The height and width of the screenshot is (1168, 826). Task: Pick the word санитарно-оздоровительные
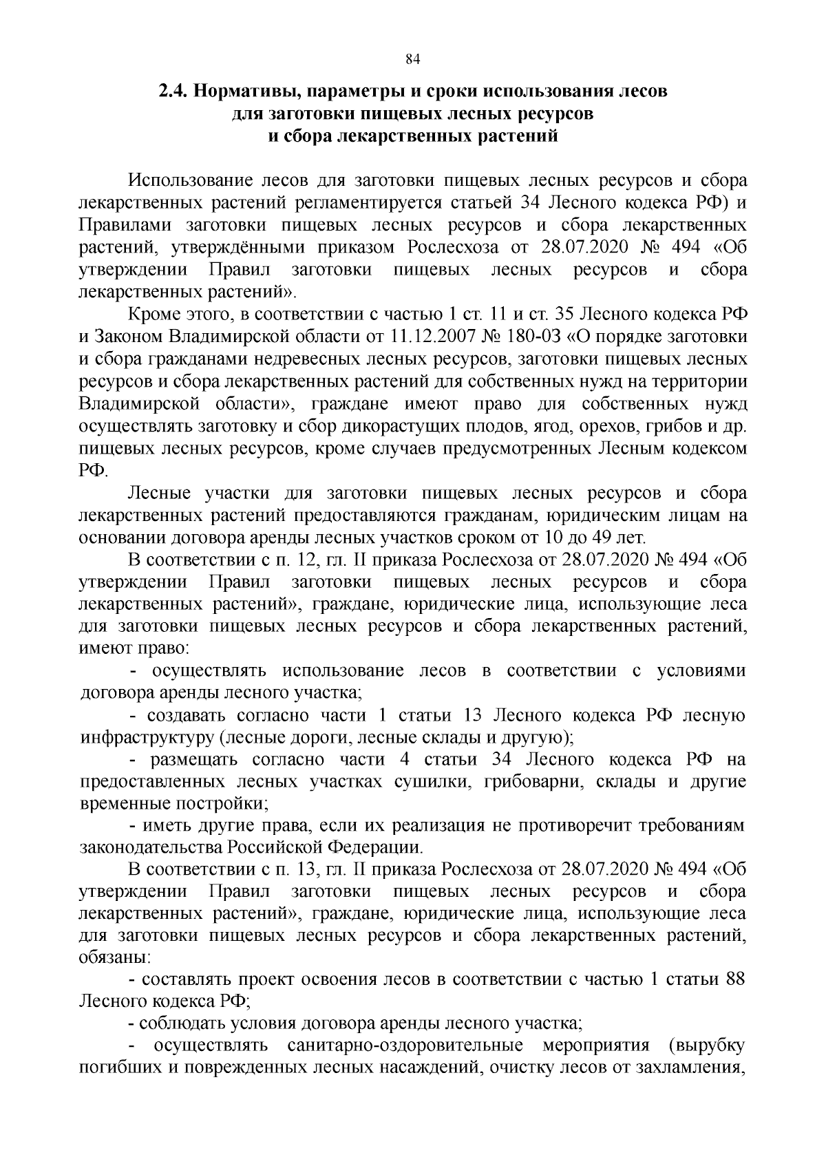405,1046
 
